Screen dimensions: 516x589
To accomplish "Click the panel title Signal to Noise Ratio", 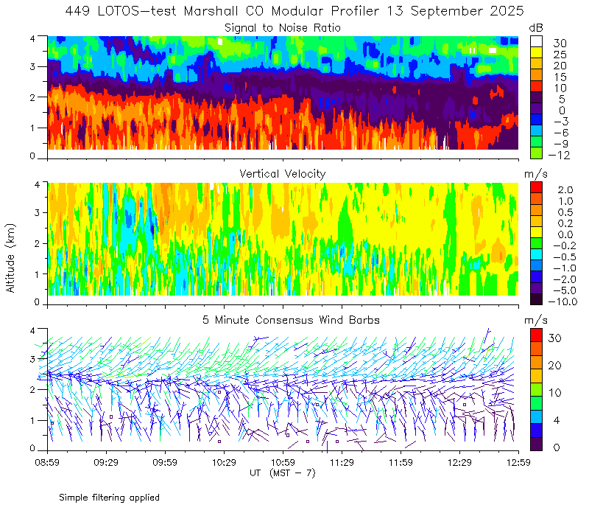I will click(x=283, y=28).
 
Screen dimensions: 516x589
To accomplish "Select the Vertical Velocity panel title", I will click(x=283, y=173).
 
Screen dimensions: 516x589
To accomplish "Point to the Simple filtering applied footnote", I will click(x=109, y=498).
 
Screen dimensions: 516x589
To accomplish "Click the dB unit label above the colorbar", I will click(x=536, y=27).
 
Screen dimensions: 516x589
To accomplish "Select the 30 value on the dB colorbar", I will click(x=560, y=43).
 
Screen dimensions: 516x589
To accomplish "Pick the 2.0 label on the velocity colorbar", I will click(x=564, y=190).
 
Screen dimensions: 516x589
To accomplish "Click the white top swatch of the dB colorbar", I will click(x=536, y=41).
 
